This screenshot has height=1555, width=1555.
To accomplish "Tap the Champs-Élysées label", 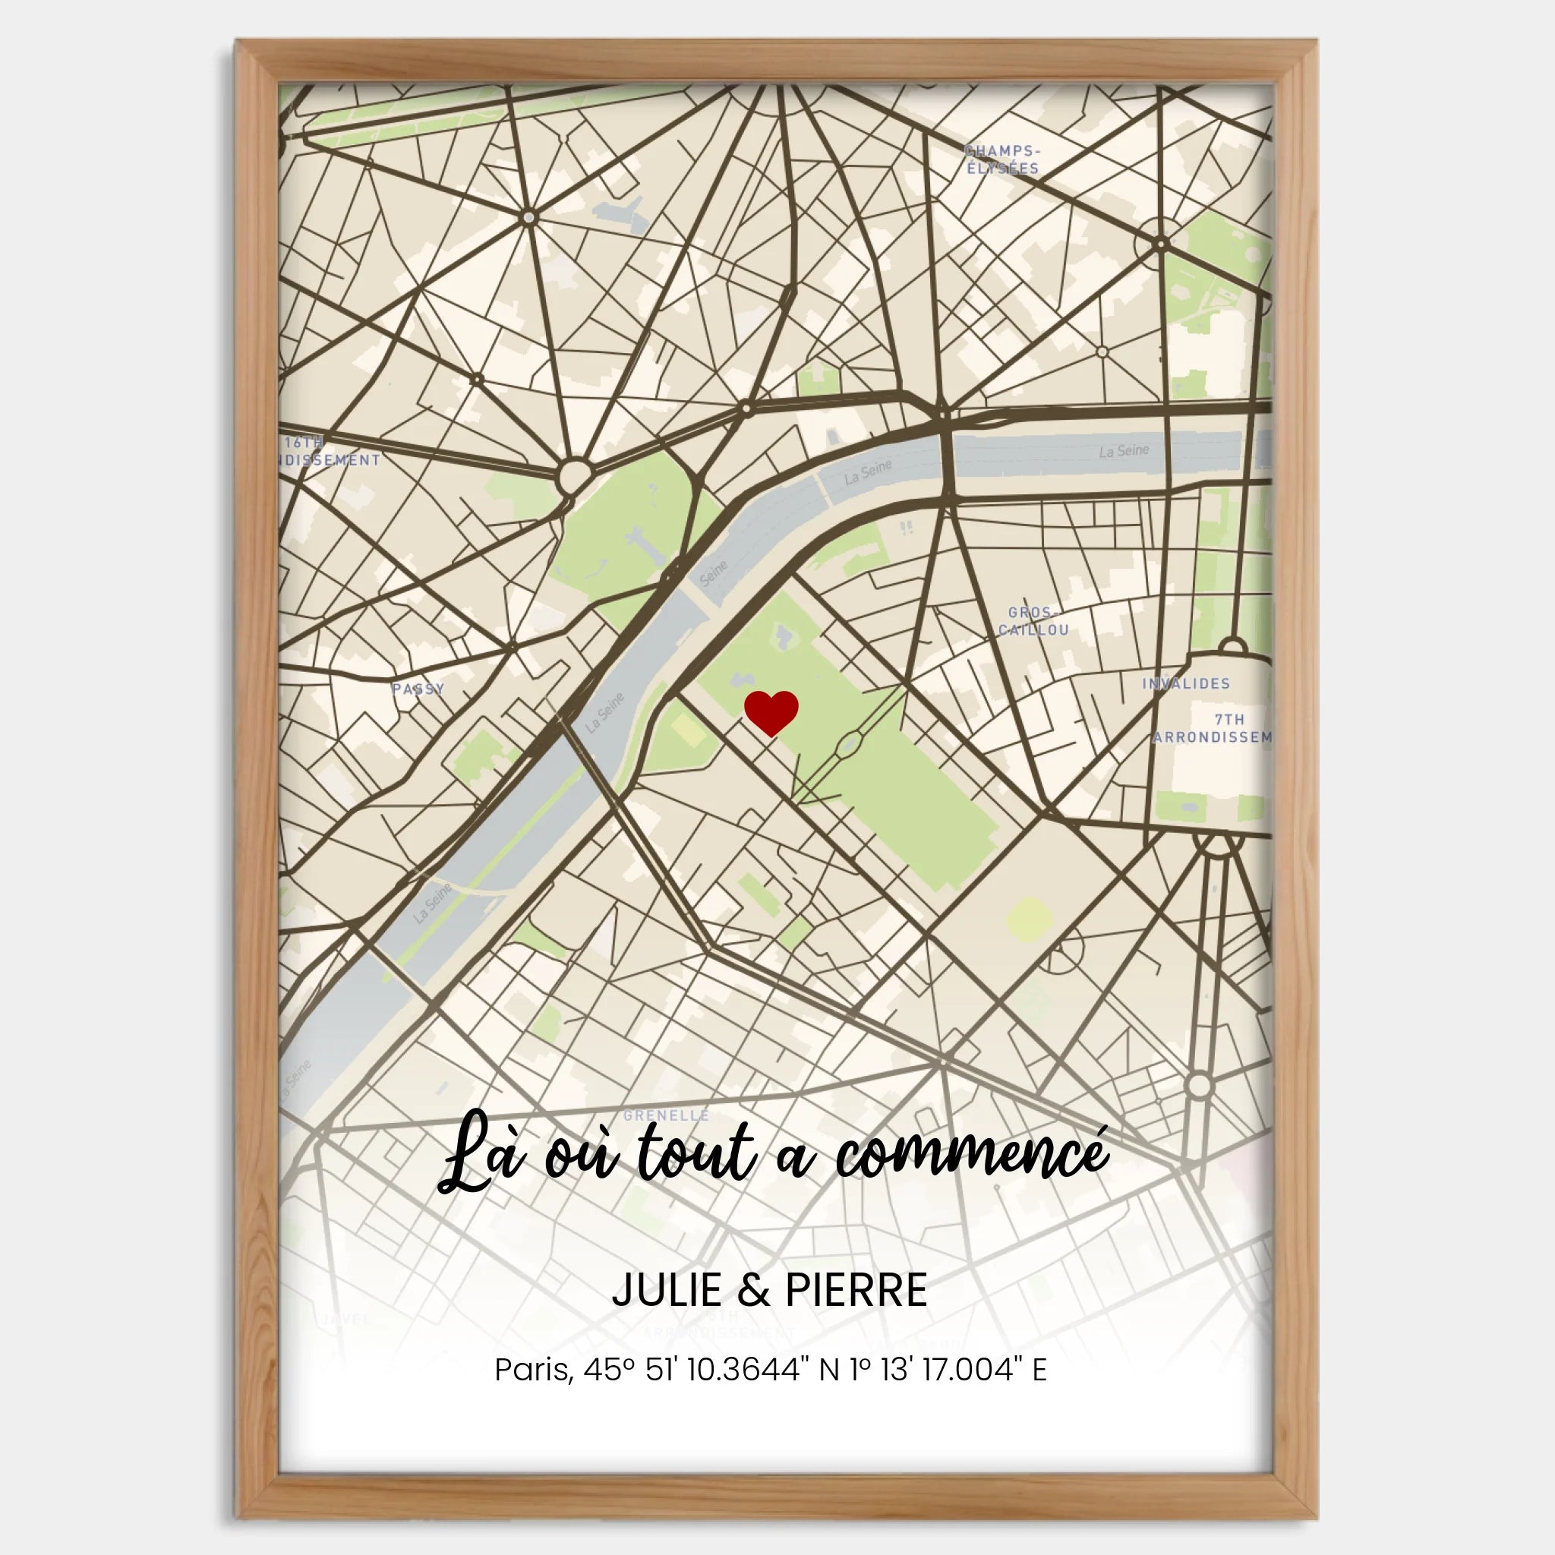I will tap(1002, 159).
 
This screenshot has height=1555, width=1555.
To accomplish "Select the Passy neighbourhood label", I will tap(418, 688).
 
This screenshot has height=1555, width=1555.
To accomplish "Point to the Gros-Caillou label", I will tap(1033, 621).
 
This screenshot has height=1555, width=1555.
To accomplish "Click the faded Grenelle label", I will tap(666, 1115).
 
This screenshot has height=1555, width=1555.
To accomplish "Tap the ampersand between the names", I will tap(752, 1290).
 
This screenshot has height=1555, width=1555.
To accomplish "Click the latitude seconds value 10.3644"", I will tap(745, 1369).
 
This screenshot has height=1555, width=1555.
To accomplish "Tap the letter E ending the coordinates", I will tap(1039, 1369).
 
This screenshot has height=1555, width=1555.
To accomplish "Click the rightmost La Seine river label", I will tap(1124, 451).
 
